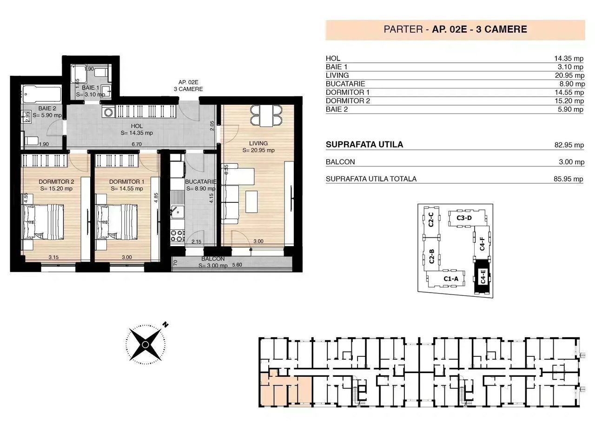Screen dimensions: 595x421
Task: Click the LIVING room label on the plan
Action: tap(258, 143)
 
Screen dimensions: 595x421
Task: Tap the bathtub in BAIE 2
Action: tap(41, 94)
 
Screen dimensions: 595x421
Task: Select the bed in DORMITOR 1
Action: tap(117, 222)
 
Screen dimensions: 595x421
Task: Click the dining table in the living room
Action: tap(266, 116)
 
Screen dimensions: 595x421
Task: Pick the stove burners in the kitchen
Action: tap(178, 236)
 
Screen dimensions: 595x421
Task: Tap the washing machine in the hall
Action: tap(108, 112)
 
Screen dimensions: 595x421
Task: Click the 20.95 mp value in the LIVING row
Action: tap(569, 75)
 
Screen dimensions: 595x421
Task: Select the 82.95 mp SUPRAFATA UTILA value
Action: tap(569, 145)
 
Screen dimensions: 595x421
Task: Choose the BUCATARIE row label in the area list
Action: tap(345, 84)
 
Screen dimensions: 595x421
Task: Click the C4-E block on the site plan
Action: tap(482, 276)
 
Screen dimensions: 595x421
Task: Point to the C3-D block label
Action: tap(464, 218)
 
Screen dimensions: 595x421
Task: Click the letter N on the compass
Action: tap(165, 325)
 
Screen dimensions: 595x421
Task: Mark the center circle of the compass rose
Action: tap(145, 345)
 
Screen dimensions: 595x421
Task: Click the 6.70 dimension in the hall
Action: tap(137, 144)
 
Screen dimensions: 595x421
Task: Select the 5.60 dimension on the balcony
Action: tap(237, 265)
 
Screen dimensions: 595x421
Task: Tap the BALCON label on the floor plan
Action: tap(213, 259)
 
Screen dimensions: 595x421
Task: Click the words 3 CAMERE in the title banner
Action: tap(501, 29)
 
